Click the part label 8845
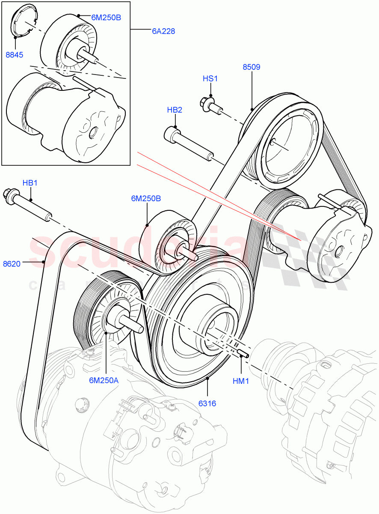click(15, 55)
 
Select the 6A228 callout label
click(163, 31)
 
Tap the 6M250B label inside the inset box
click(106, 18)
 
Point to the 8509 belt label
click(251, 67)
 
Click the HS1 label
click(210, 78)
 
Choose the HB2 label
click(175, 110)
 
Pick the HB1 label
click(30, 183)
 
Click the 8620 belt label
click(12, 264)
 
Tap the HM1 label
click(241, 380)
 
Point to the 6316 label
click(207, 403)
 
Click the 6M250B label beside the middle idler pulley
click(146, 199)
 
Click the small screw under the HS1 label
click(209, 105)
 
